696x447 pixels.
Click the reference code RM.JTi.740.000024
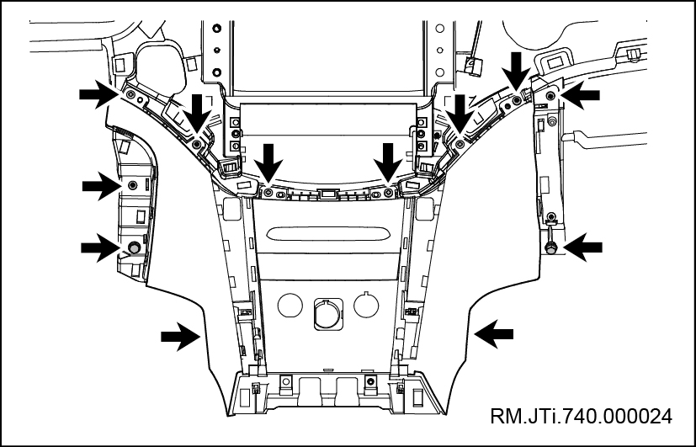pyautogui.click(x=582, y=416)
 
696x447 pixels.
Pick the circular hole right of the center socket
pyautogui.click(x=365, y=303)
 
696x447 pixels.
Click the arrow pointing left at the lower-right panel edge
pyautogui.click(x=495, y=334)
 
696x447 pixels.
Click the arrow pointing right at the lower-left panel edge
pyautogui.click(x=180, y=338)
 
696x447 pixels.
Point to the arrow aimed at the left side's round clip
pyautogui.click(x=99, y=247)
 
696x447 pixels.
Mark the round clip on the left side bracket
pyautogui.click(x=133, y=247)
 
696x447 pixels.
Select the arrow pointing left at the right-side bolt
pyautogui.click(x=582, y=247)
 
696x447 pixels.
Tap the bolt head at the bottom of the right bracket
pyautogui.click(x=550, y=247)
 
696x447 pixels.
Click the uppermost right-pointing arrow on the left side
pyautogui.click(x=98, y=96)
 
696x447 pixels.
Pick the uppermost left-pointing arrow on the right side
pyautogui.click(x=582, y=96)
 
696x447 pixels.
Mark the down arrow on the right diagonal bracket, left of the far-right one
pyautogui.click(x=460, y=112)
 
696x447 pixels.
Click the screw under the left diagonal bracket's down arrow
pyautogui.click(x=196, y=145)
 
